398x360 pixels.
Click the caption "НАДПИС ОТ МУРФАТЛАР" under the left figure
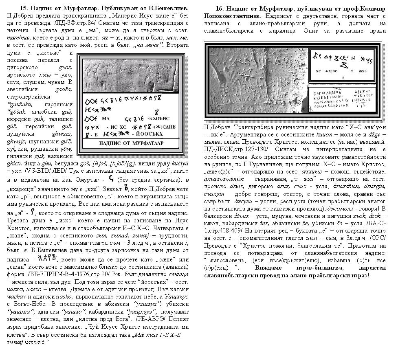pyautogui.click(x=132, y=143)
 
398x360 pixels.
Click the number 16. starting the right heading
pyautogui.click(x=220, y=9)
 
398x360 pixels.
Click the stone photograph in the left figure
pyautogui.click(x=130, y=75)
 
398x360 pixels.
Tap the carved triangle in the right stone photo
pyautogui.click(x=246, y=75)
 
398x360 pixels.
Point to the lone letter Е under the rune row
pyautogui.click(x=344, y=77)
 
